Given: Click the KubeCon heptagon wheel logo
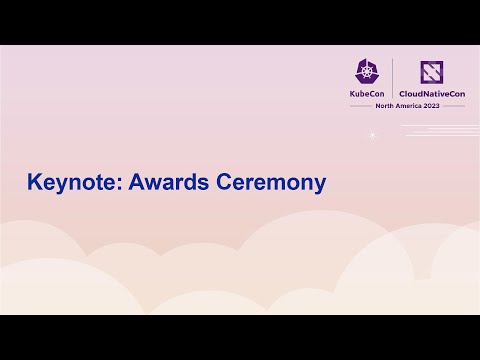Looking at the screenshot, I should (366, 71).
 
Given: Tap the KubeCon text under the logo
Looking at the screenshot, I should (366, 93).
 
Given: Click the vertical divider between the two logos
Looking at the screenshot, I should (392, 78).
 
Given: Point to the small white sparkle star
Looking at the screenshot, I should (373, 135).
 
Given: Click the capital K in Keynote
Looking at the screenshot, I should (33, 184).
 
